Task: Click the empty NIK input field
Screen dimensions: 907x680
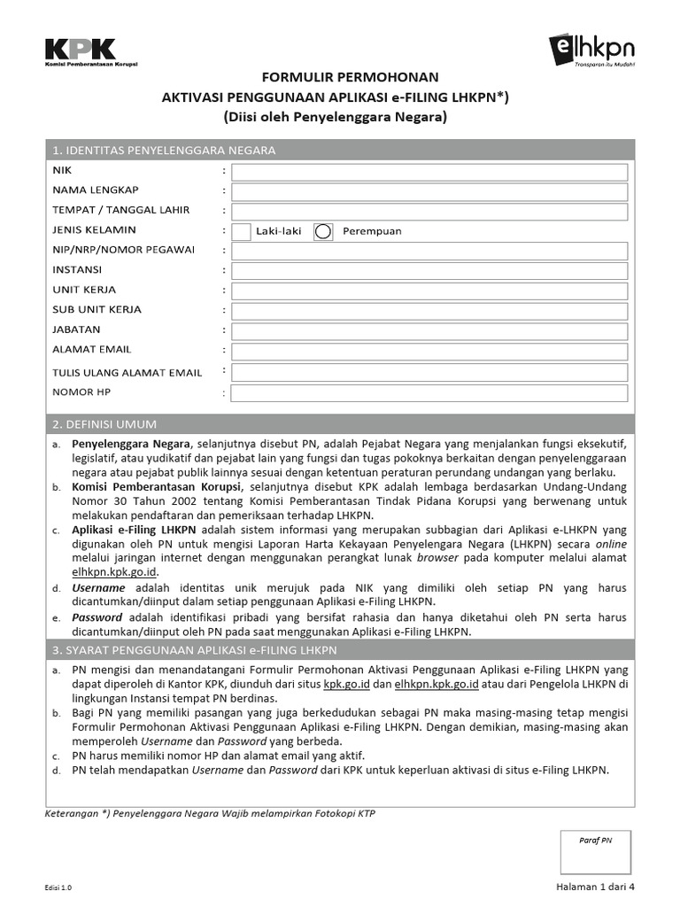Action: [429, 172]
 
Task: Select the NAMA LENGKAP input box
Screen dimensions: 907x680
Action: [429, 191]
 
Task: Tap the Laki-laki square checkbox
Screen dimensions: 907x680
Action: [241, 231]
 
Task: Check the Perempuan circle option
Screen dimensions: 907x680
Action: [323, 231]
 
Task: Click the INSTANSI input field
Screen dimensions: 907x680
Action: [429, 270]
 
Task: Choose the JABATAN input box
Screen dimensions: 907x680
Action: [429, 329]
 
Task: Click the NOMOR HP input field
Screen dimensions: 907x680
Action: [429, 392]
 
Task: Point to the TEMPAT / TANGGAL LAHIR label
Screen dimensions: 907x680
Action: [120, 210]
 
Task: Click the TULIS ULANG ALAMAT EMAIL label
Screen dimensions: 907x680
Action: [127, 373]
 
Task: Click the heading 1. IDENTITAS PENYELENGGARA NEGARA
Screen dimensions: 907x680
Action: [164, 151]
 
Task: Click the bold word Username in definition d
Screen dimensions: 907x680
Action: [98, 588]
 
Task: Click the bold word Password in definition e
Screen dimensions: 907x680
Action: [97, 617]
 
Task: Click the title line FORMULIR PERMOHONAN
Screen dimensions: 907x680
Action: [336, 78]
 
